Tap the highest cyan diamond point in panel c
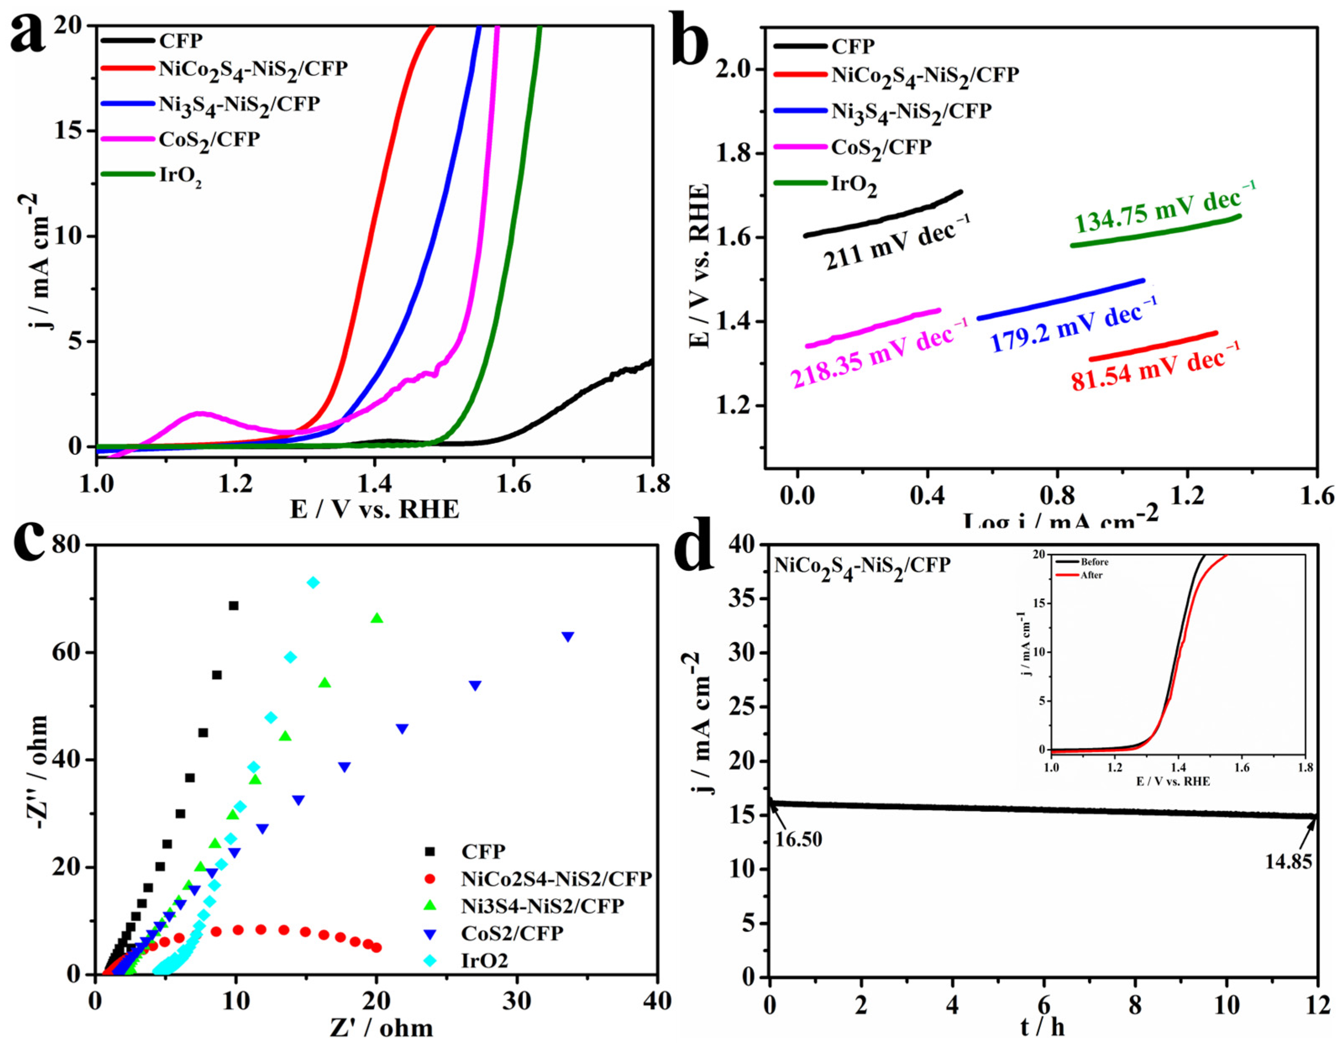coord(314,582)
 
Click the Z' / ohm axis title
coord(381,1029)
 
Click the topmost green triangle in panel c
coord(377,619)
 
